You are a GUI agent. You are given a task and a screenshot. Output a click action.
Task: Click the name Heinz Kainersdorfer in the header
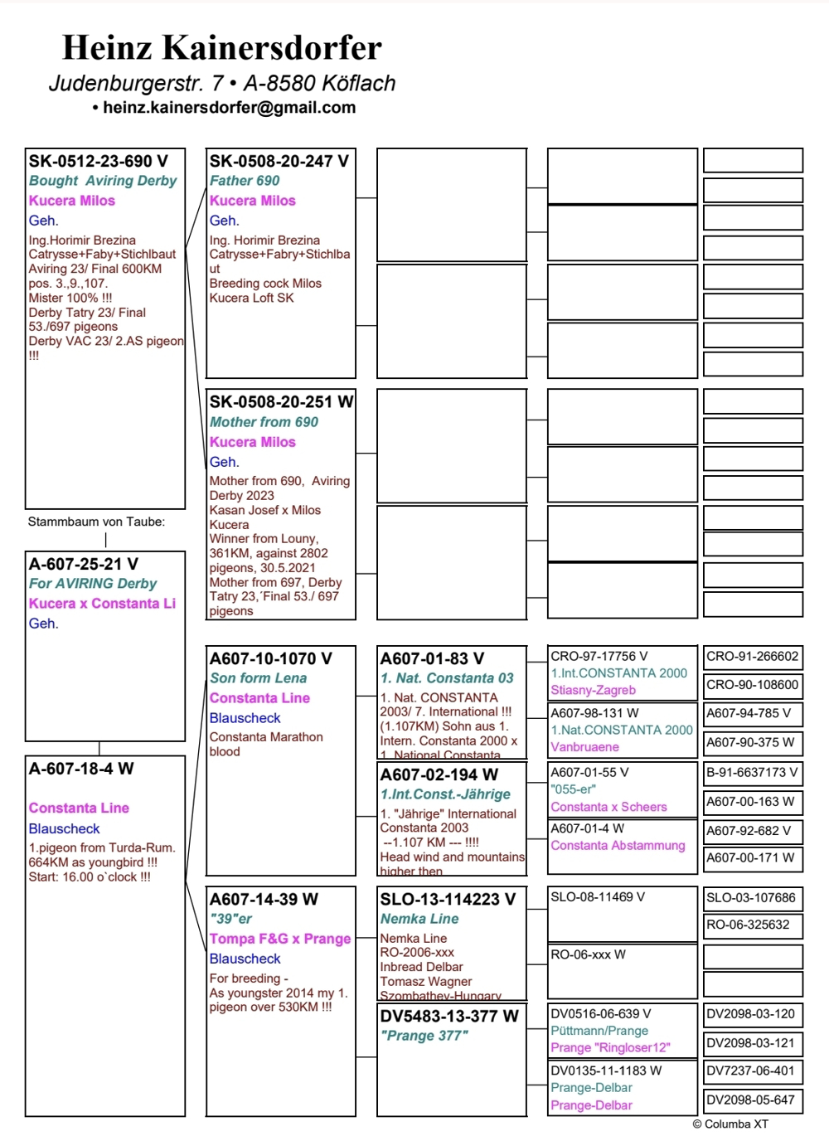(x=221, y=48)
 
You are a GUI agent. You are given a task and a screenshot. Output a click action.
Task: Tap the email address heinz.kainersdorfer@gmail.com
(x=229, y=108)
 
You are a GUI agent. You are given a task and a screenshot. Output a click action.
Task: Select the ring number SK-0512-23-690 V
(x=98, y=162)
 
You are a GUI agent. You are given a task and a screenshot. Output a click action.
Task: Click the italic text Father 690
(x=244, y=181)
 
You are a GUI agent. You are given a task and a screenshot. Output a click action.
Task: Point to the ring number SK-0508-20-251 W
(x=281, y=402)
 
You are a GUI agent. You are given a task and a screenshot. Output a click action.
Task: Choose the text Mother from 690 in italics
(x=264, y=422)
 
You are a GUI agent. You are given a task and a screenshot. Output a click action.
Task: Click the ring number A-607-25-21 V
(x=84, y=564)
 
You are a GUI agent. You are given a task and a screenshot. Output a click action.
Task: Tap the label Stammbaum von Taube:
(x=96, y=522)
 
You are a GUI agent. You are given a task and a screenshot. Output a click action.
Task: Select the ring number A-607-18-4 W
(x=81, y=769)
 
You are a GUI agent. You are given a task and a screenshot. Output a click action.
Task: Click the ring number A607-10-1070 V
(x=270, y=659)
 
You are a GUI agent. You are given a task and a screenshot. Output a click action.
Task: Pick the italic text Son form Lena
(x=258, y=678)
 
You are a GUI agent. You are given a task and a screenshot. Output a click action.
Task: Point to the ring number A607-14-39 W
(x=264, y=900)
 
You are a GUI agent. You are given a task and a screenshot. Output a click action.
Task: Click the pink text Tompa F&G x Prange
(x=280, y=939)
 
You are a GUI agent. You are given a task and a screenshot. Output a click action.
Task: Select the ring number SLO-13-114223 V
(x=448, y=900)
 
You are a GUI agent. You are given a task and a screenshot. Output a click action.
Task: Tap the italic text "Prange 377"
(x=424, y=1036)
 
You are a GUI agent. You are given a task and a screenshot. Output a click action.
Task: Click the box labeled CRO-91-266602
(x=753, y=657)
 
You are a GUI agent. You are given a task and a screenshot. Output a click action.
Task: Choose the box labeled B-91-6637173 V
(x=753, y=773)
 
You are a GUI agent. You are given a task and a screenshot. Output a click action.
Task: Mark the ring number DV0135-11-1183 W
(x=606, y=1071)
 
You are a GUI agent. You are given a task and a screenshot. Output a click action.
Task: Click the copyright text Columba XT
(x=730, y=1124)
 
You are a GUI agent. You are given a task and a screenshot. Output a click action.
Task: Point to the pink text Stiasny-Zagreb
(x=593, y=690)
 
